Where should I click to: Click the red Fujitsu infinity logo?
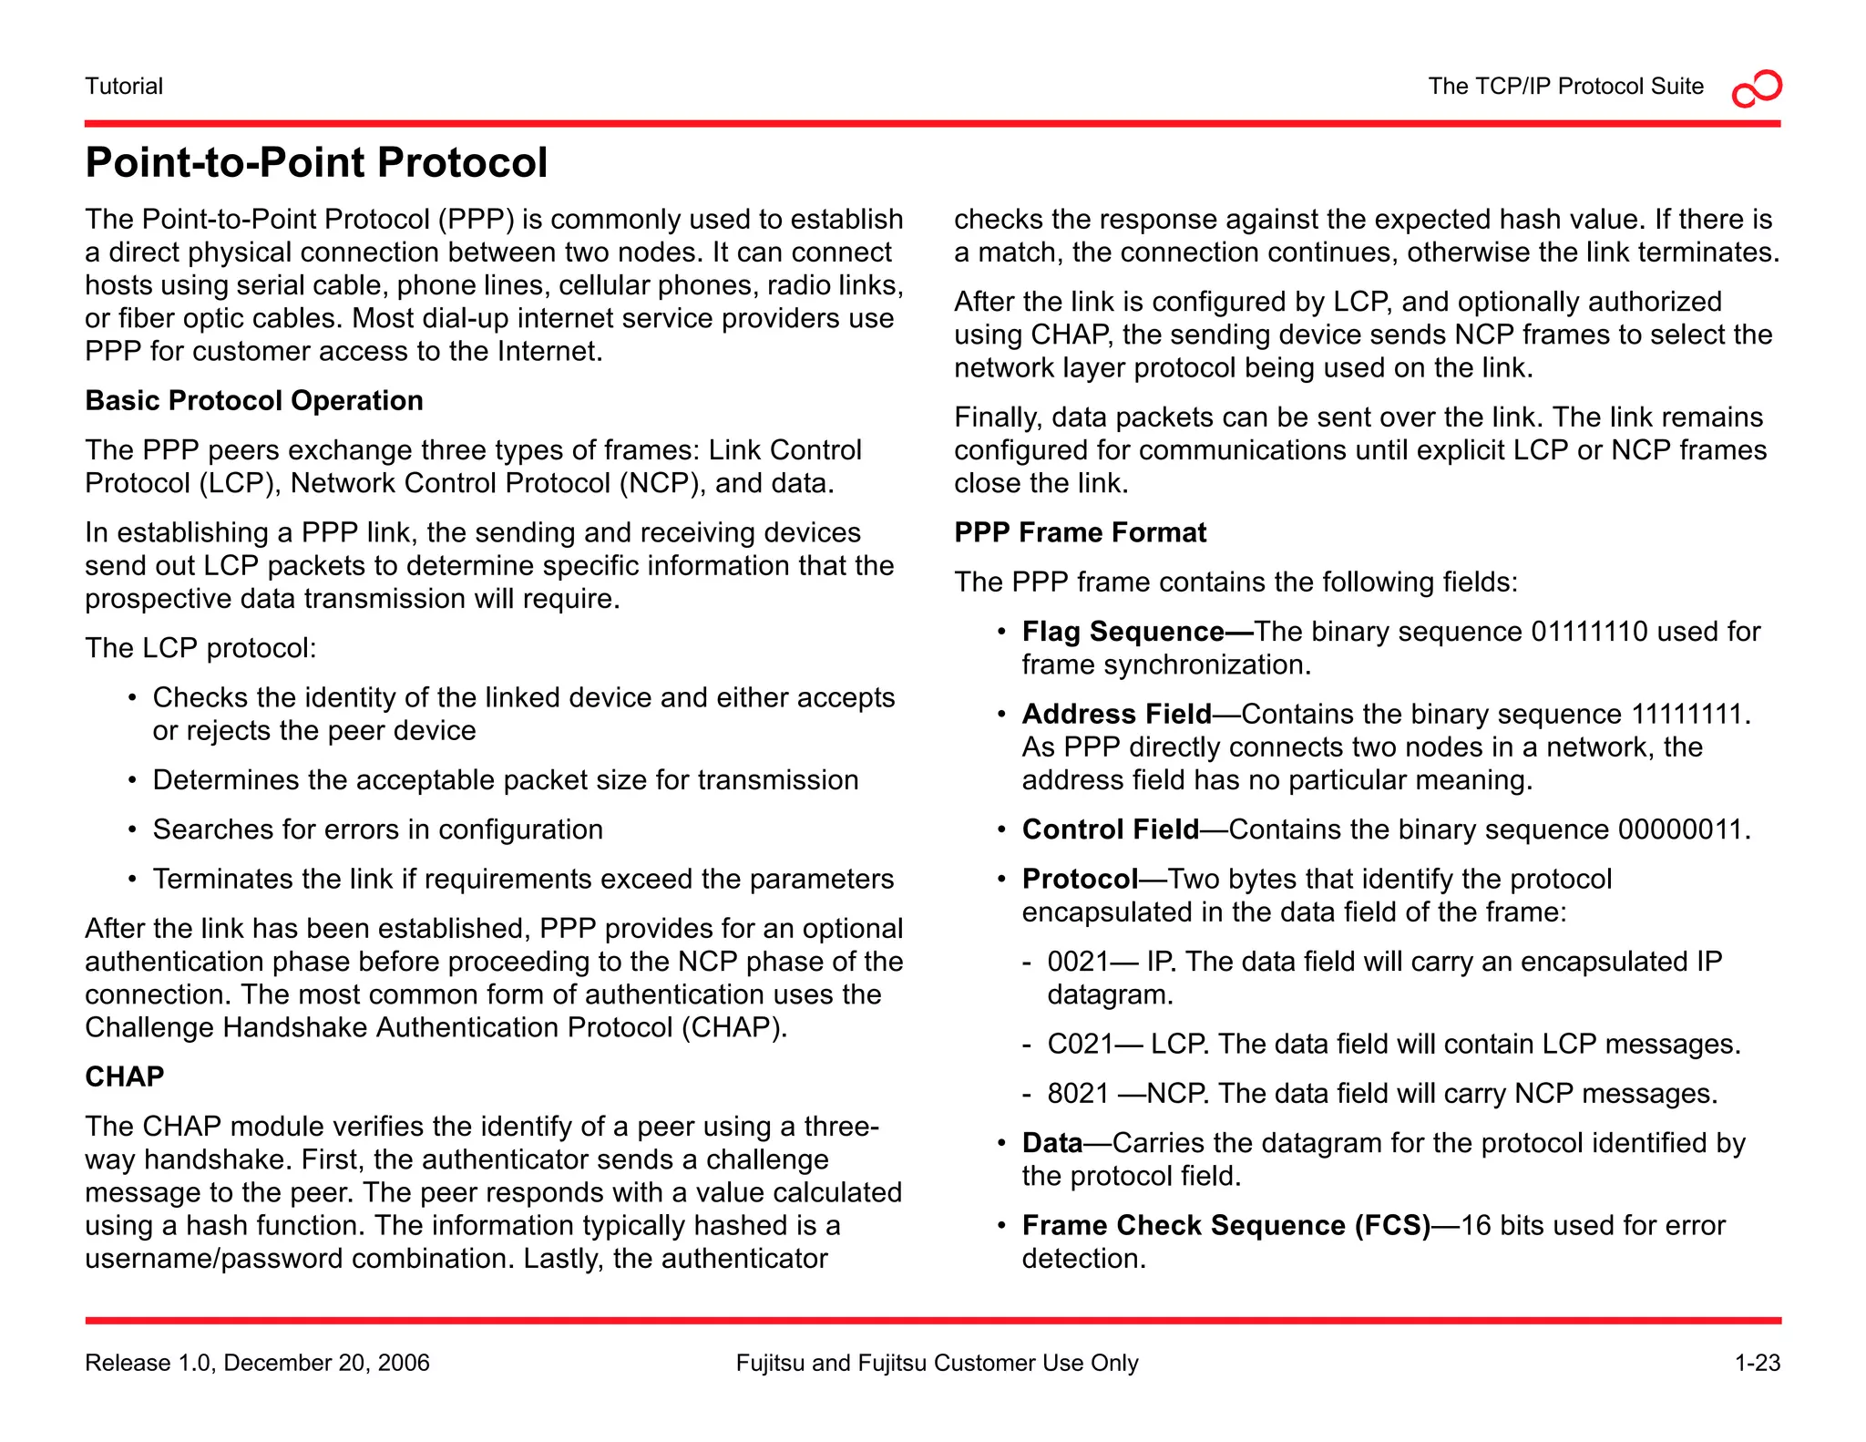click(x=1757, y=88)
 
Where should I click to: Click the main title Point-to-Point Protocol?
click(x=316, y=163)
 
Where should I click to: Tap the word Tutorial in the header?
click(x=124, y=87)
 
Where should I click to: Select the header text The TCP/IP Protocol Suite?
click(x=1565, y=87)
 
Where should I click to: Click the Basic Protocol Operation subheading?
click(x=254, y=401)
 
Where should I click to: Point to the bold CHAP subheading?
click(x=125, y=1077)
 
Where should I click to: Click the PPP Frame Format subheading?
click(x=1080, y=532)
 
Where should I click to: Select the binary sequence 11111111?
click(x=1687, y=714)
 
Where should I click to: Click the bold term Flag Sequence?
click(x=1123, y=632)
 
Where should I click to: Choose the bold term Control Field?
click(x=1110, y=829)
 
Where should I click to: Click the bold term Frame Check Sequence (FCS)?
click(x=1225, y=1226)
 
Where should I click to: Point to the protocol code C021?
click(x=1080, y=1045)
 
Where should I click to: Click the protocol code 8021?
click(x=1078, y=1094)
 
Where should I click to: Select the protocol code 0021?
click(x=1078, y=963)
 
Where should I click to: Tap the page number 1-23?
click(x=1757, y=1364)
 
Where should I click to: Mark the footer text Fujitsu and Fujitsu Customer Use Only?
click(x=937, y=1364)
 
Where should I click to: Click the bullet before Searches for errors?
click(x=133, y=830)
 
